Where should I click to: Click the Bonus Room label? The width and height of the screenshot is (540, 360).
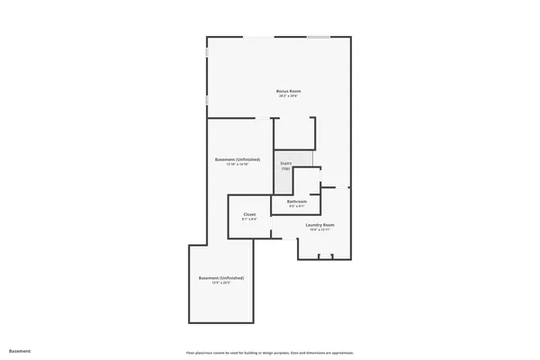288,91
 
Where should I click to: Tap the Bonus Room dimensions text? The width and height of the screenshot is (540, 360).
288,96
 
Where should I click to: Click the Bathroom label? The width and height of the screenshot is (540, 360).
297,201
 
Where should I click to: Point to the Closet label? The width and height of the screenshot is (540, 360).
249,214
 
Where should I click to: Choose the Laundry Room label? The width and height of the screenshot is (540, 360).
320,224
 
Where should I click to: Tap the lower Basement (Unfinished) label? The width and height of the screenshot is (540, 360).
221,278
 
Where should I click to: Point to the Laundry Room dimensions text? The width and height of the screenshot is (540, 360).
320,229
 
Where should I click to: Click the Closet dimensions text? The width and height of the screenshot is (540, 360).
249,220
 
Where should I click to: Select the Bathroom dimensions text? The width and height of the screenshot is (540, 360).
297,206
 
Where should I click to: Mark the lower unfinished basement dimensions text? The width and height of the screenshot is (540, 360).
221,283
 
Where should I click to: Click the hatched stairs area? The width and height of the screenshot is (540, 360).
307,159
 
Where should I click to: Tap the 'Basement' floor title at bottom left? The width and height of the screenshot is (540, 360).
20,350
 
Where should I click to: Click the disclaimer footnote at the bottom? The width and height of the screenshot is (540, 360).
269,350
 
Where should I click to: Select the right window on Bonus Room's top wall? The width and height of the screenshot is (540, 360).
318,37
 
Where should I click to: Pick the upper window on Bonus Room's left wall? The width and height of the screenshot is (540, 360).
207,54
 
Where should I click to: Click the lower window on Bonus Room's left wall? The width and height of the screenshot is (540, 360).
207,98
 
